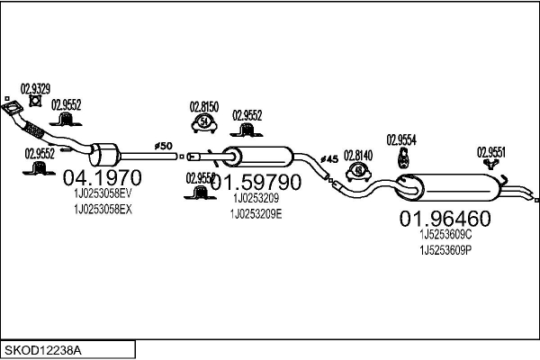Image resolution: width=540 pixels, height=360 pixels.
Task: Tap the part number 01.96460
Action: pyautogui.click(x=445, y=218)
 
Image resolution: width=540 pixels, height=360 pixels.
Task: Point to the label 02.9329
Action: pyautogui.click(x=36, y=88)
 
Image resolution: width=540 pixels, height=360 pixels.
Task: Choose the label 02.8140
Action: pyautogui.click(x=357, y=155)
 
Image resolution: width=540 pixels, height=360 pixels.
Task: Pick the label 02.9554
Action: pyautogui.click(x=402, y=139)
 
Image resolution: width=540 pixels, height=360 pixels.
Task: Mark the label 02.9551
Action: pyautogui.click(x=491, y=151)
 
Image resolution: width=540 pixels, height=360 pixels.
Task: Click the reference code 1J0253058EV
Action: pyautogui.click(x=102, y=193)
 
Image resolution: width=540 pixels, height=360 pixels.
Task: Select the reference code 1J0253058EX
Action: pyautogui.click(x=102, y=209)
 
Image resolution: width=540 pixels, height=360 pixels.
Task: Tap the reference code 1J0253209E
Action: pyautogui.click(x=256, y=212)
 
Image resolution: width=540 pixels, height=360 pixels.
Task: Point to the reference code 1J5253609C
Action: pyautogui.click(x=445, y=234)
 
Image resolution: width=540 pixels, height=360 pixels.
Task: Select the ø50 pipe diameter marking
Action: pyautogui.click(x=164, y=145)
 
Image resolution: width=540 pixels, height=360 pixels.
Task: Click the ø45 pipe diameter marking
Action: pyautogui.click(x=329, y=159)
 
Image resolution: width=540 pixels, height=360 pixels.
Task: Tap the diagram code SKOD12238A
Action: pyautogui.click(x=43, y=348)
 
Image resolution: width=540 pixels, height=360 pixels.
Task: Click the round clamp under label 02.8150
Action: pyautogui.click(x=205, y=121)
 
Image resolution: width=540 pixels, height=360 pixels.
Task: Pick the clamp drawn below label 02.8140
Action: pyautogui.click(x=358, y=170)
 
